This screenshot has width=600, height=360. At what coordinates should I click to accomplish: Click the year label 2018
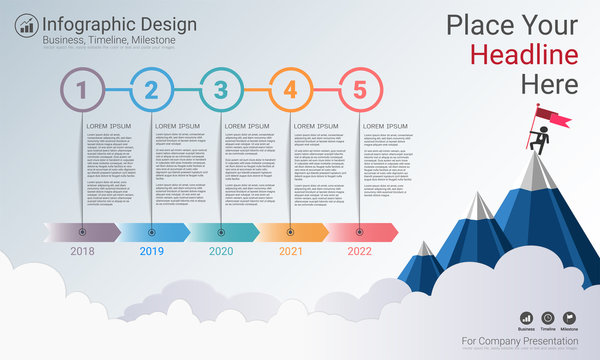(x=82, y=252)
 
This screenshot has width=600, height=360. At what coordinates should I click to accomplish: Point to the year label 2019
(x=151, y=252)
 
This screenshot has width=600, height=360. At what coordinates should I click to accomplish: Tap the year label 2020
(x=221, y=252)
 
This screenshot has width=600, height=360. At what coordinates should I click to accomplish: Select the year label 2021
(x=290, y=252)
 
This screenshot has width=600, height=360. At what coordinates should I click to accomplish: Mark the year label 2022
(x=360, y=252)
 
